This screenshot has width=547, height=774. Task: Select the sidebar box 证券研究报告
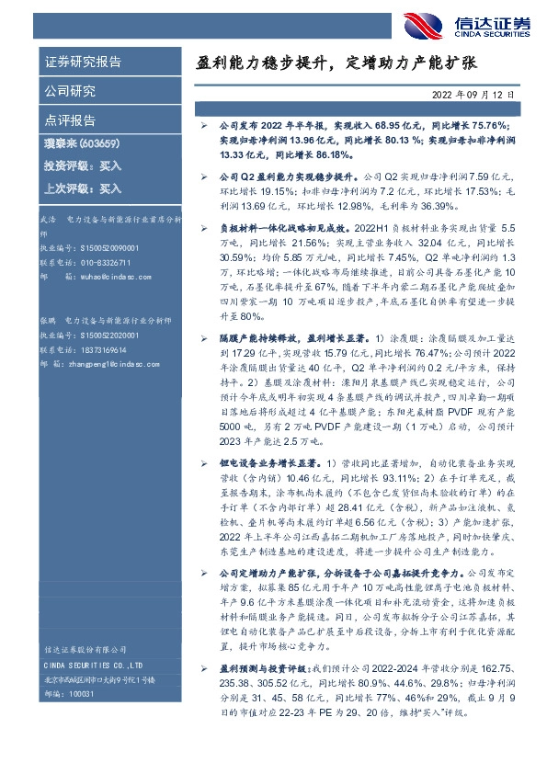pyautogui.click(x=83, y=63)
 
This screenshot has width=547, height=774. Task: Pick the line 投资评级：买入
pyautogui.click(x=83, y=166)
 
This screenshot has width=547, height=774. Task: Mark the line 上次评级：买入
pyautogui.click(x=83, y=188)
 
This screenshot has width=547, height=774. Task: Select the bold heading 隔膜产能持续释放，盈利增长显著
pyautogui.click(x=286, y=339)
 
